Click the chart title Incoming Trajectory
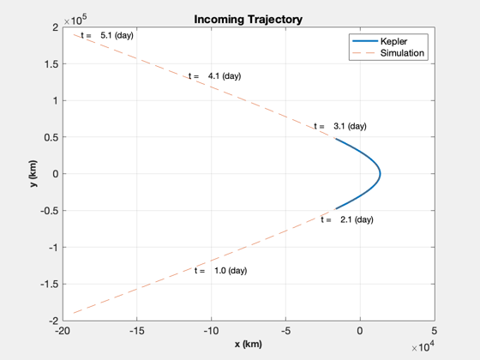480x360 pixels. point(249,19)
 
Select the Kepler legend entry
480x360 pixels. point(393,41)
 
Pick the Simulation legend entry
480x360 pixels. point(402,53)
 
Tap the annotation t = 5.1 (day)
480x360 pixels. point(107,35)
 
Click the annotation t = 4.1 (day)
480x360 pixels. point(215,76)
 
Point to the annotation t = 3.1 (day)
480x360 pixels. point(340,126)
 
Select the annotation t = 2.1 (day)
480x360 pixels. point(347,219)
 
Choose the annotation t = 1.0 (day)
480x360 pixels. point(221,271)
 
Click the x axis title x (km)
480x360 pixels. point(249,344)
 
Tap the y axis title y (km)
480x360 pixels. point(33,173)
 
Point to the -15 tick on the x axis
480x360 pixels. point(137,331)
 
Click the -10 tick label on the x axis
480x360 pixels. point(211,331)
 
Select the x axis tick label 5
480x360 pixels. point(434,331)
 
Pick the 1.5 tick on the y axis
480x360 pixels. point(51,64)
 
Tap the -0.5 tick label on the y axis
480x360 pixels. point(49,211)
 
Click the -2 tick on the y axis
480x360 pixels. point(53,321)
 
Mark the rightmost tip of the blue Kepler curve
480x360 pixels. point(381,174)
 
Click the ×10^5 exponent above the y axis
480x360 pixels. point(75,20)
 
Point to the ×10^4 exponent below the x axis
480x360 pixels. point(423,346)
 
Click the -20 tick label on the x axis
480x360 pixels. point(63,331)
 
